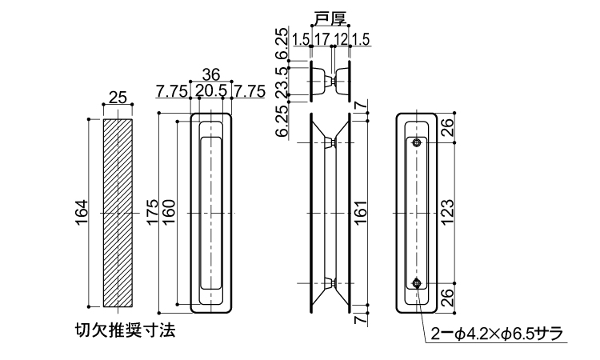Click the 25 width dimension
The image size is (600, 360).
(x=118, y=98)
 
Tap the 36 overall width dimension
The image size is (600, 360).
(x=210, y=74)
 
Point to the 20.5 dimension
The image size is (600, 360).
(x=210, y=91)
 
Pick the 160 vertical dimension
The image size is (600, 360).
(x=169, y=212)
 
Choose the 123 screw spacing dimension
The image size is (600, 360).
(x=448, y=212)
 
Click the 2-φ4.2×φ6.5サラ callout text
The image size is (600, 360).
(x=498, y=333)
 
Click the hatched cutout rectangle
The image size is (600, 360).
(x=118, y=212)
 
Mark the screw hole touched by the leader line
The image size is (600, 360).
(x=418, y=282)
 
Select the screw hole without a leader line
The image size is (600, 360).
(x=418, y=143)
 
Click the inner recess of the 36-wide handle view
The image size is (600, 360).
(x=211, y=212)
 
